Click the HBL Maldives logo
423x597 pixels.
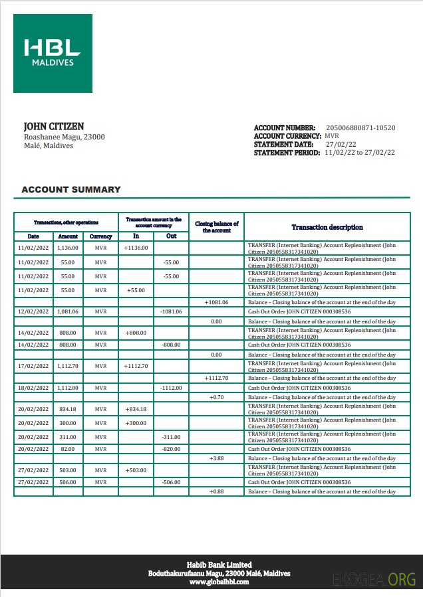pos(53,53)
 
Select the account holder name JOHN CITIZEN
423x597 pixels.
pos(54,126)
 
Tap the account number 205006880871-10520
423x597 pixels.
pos(360,128)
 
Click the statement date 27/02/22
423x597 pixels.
pos(341,144)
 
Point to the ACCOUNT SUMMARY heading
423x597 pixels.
pos(71,189)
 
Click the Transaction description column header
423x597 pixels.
pos(327,227)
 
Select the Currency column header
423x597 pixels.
pos(100,236)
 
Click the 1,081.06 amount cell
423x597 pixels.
pos(68,311)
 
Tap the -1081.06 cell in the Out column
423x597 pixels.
pos(171,311)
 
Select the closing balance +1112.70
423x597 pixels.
pos(217,378)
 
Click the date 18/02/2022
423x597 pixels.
pos(33,387)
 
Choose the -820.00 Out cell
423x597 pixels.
pos(171,449)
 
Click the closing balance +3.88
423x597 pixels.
pos(217,458)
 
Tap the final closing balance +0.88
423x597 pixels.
pos(217,491)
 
